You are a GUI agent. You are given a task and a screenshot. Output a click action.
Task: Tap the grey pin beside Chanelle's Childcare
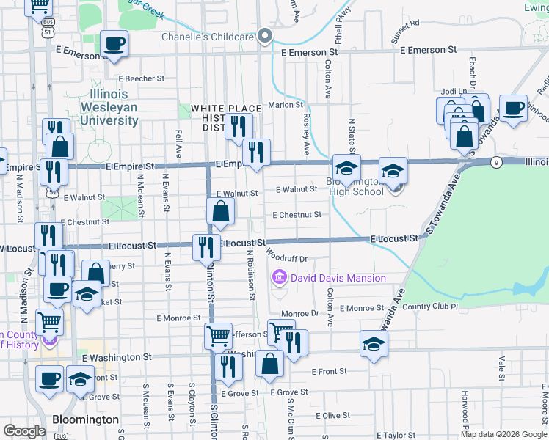[x=265, y=36]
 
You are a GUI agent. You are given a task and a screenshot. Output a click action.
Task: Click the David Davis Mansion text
[x=338, y=278]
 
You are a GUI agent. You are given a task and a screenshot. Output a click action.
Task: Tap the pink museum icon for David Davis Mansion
[x=280, y=278]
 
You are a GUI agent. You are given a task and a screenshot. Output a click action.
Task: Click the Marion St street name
[x=280, y=105]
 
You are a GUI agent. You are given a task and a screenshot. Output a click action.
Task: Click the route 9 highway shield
[x=497, y=161]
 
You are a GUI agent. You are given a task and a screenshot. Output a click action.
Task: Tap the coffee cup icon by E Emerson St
[x=114, y=44]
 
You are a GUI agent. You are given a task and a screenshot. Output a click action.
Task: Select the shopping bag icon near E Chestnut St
[x=221, y=212]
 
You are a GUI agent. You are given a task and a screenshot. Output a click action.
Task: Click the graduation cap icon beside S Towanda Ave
[x=373, y=344]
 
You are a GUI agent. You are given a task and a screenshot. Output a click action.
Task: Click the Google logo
[x=24, y=431]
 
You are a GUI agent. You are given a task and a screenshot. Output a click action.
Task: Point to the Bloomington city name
[x=86, y=419]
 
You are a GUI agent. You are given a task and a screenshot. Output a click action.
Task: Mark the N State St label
[x=352, y=135]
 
